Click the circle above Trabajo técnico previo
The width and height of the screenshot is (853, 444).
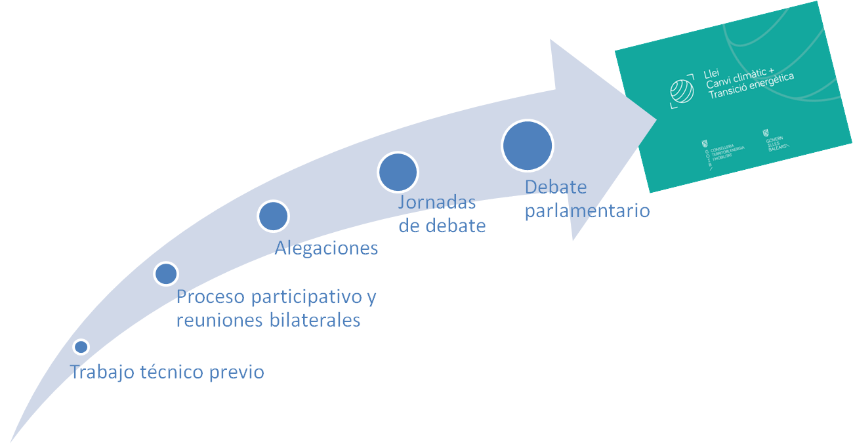coord(81,346)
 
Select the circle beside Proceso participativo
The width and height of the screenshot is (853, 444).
coord(166,273)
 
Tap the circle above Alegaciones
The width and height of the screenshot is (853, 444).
coord(273,216)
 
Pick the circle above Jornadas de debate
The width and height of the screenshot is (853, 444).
coord(398,172)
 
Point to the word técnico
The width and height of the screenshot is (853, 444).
coord(172,373)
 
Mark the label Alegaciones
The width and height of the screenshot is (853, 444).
coord(326,248)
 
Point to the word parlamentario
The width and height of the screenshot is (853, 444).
coord(587,211)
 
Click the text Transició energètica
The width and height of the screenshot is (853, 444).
coord(751,87)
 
